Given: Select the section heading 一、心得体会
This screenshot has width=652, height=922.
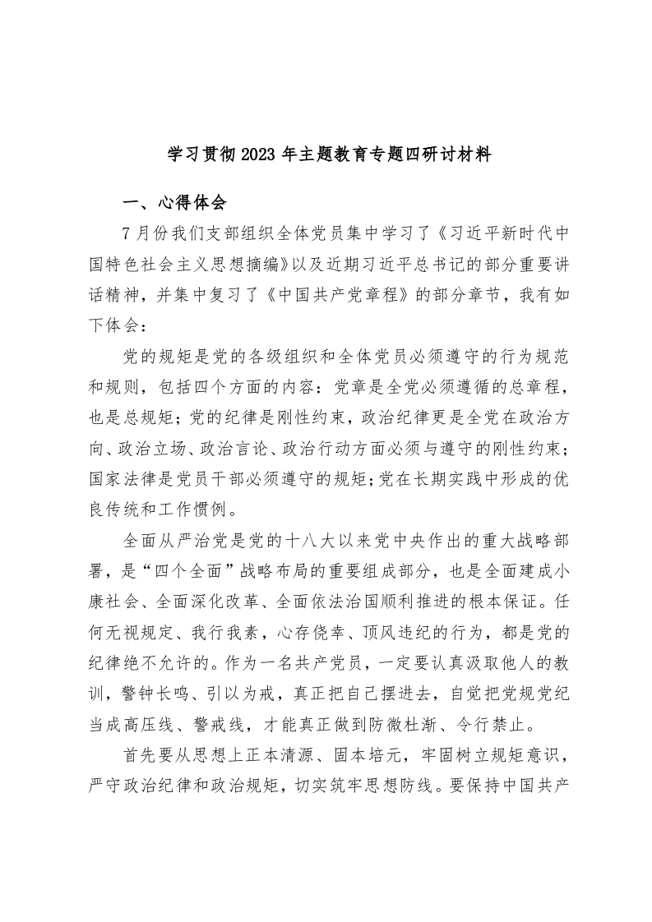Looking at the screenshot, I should coord(168,203).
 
